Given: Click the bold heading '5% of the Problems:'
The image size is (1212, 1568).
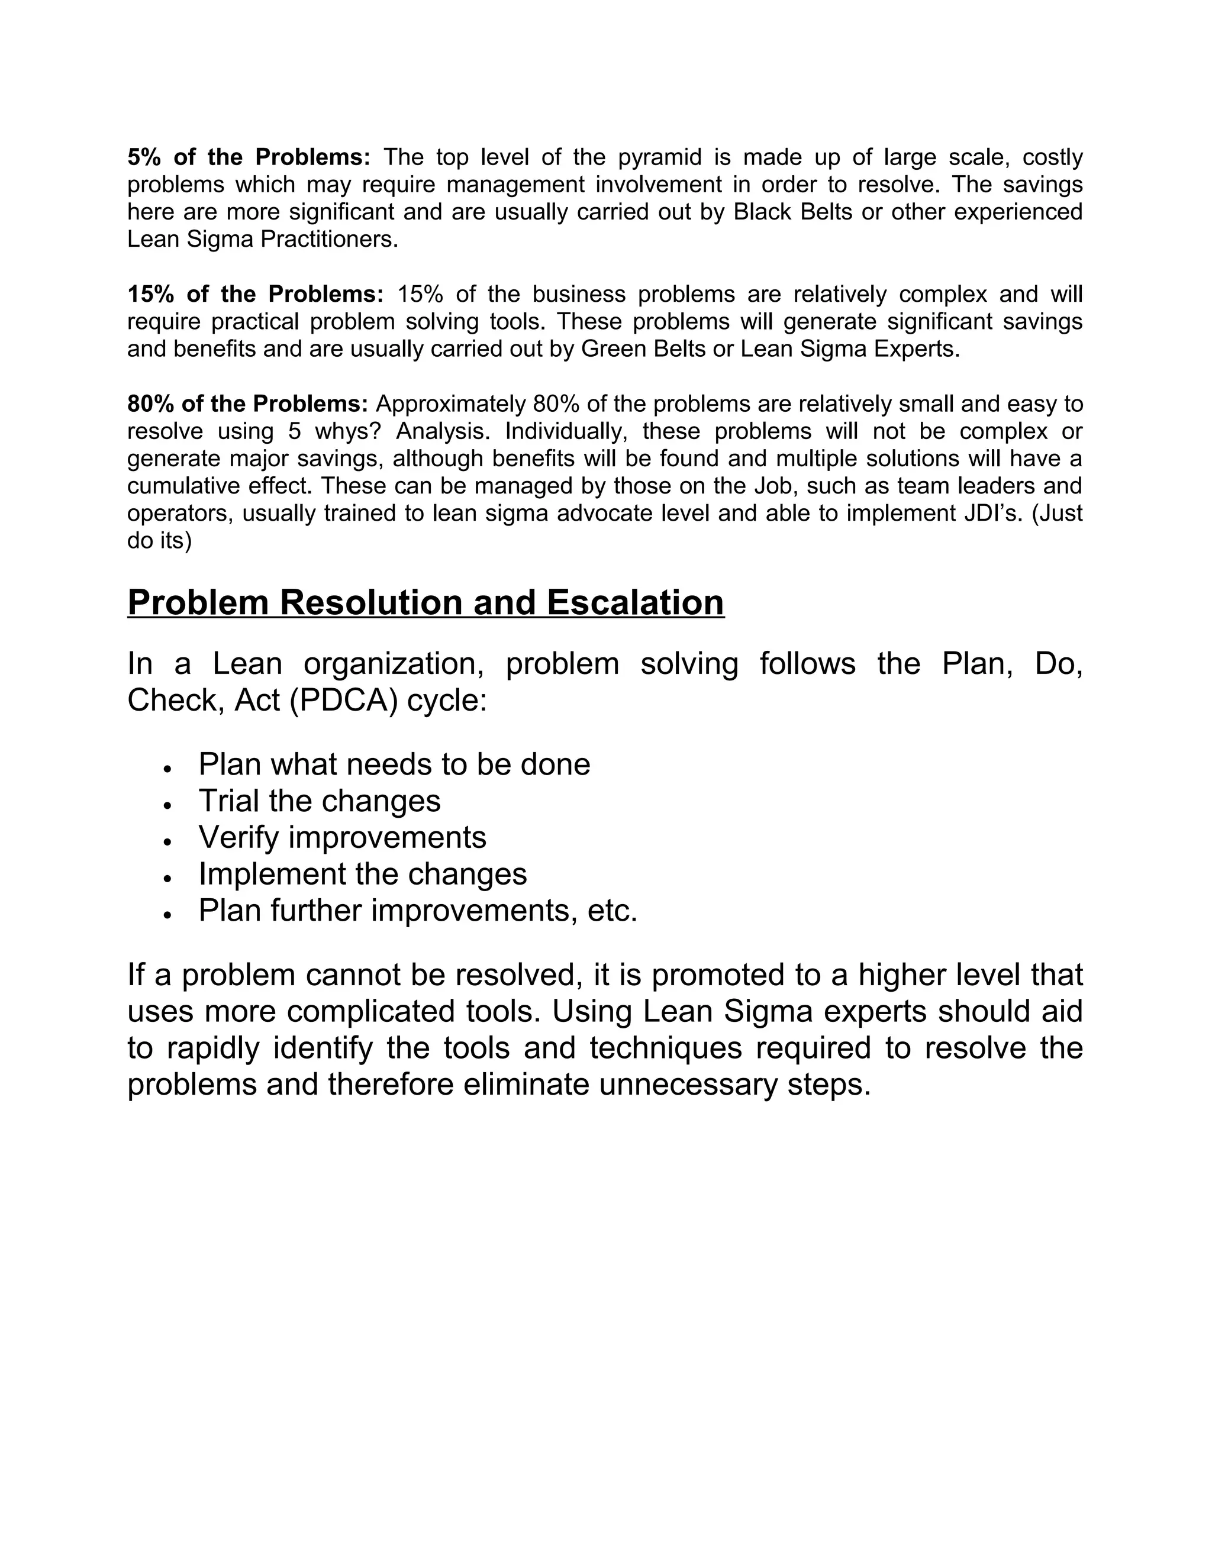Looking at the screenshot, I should [x=249, y=157].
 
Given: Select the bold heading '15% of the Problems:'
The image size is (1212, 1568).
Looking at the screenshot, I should [x=256, y=294].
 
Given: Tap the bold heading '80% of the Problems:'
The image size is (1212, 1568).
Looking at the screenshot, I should [x=248, y=404].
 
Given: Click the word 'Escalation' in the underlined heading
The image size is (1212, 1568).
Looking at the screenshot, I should [x=635, y=602].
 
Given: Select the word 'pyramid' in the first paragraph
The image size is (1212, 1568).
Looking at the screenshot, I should [x=660, y=157].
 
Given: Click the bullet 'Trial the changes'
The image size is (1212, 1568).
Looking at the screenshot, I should [x=320, y=801].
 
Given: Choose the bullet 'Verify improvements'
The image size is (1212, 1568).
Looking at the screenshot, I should [x=343, y=838].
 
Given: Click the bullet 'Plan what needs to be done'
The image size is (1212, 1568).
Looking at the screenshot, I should [x=394, y=764].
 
